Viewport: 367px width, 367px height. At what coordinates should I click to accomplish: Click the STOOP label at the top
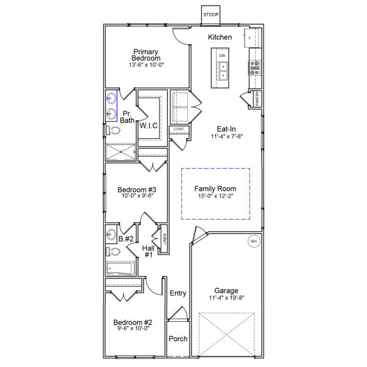211,14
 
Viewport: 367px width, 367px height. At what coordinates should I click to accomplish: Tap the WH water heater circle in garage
254,242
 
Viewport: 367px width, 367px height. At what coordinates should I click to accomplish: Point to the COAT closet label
179,129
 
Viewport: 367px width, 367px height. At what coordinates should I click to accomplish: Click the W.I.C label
149,125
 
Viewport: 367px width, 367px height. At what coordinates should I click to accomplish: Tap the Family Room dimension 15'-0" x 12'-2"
215,197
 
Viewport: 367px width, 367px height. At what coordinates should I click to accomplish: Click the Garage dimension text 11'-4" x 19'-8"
226,298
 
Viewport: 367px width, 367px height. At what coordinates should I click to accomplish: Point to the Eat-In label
226,129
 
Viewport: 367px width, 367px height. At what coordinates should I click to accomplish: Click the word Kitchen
220,37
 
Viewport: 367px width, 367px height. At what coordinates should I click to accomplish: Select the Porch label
178,339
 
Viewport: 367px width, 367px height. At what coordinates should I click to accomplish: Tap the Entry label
178,293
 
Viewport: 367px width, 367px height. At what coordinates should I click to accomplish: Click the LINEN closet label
164,238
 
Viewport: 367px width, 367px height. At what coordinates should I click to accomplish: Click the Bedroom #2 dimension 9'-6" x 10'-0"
133,329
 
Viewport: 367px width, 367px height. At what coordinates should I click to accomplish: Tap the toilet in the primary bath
110,130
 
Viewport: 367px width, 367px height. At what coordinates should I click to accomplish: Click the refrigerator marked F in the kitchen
251,38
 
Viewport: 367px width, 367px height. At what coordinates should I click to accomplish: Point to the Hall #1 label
147,251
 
